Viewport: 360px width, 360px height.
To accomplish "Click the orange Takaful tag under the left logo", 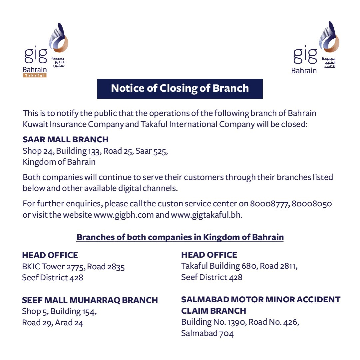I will click(35, 76).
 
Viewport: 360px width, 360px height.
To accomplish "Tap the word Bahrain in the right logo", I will click(304, 71).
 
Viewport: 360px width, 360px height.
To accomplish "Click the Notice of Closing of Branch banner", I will click(180, 88).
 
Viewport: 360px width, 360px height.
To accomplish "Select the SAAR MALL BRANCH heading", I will click(65, 139).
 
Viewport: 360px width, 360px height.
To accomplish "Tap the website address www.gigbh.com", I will click(124, 215).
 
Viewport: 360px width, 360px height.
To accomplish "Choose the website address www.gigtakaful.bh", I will click(206, 215).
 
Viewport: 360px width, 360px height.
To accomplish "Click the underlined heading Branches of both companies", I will click(180, 237).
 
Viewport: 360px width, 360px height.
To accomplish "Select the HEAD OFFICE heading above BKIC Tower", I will click(50, 255).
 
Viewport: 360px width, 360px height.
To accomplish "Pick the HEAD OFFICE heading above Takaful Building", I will click(209, 255).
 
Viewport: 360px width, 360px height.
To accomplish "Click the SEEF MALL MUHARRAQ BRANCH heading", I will click(90, 300).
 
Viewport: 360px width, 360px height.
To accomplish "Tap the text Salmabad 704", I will click(207, 333).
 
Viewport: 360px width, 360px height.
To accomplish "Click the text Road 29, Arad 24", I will click(53, 323).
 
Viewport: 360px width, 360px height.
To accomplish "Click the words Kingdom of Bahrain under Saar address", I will click(59, 162).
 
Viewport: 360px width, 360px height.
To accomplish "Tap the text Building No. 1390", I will click(212, 322).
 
